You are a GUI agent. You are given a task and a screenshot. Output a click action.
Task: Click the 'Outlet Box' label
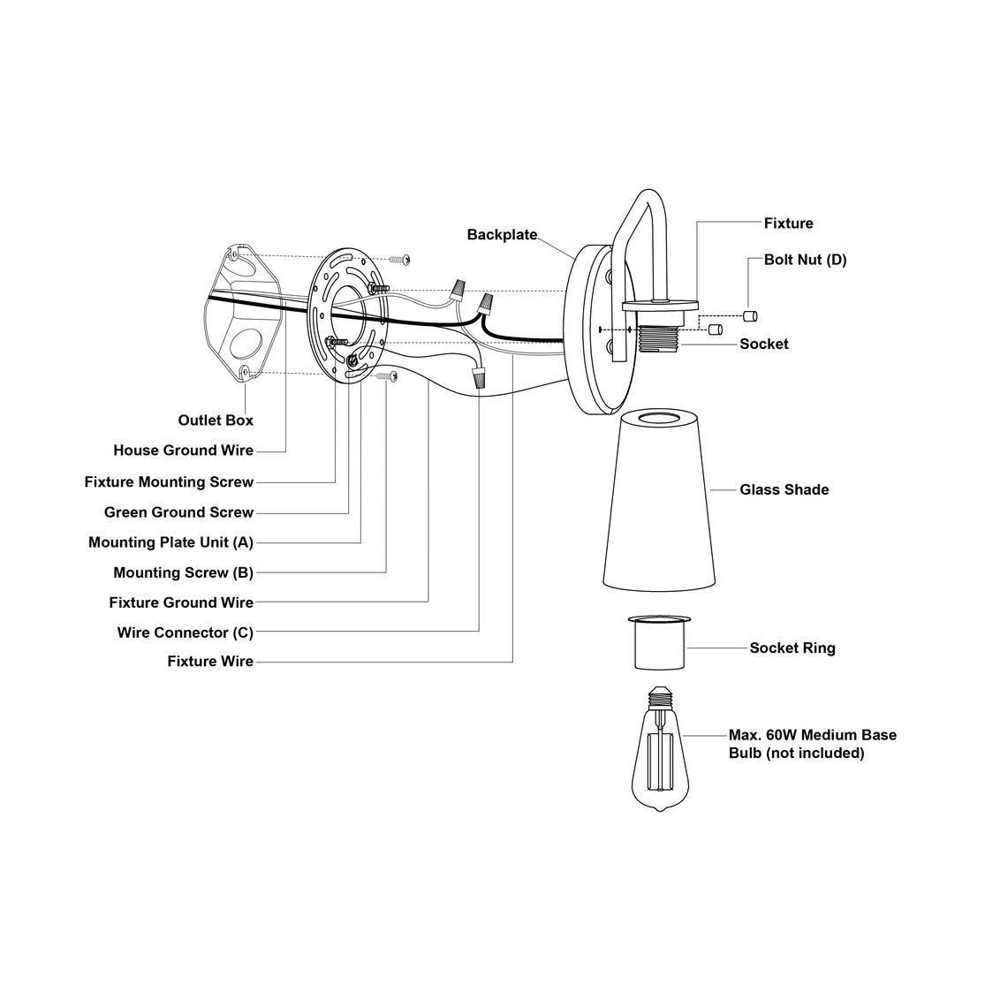216,420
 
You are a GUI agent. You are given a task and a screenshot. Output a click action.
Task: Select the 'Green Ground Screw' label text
178,512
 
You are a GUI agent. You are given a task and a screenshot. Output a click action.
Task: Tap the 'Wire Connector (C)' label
185,633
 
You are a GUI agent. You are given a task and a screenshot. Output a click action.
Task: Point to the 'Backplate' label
502,235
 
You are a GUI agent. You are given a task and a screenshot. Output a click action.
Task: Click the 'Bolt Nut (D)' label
806,260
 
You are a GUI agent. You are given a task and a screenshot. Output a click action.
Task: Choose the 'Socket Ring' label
792,648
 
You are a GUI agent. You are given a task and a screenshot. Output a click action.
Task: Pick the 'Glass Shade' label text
784,489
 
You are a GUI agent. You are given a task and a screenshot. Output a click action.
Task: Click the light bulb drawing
660,749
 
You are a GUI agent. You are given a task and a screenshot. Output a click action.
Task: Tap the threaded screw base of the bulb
660,698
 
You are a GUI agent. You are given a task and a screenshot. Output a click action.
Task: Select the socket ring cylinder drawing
660,643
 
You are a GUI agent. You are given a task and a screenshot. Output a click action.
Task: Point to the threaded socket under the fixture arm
659,339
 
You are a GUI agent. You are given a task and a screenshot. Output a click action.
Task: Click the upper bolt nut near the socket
750,315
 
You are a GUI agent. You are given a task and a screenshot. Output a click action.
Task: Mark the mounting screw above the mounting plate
399,260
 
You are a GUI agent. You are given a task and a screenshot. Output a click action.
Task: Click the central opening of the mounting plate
347,315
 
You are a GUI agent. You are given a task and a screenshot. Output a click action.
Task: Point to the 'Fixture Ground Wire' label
181,602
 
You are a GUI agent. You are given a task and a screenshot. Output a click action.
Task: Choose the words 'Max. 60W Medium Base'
813,735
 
